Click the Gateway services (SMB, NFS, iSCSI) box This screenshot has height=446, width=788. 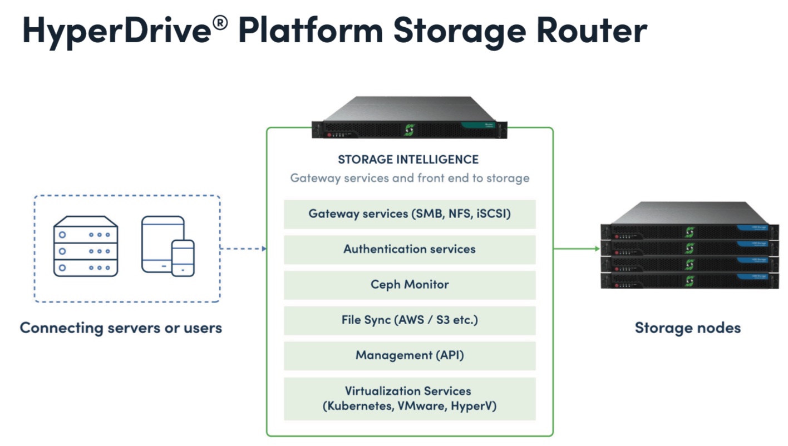click(x=410, y=214)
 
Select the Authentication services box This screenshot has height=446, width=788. click(x=410, y=249)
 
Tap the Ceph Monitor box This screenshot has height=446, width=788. click(x=410, y=285)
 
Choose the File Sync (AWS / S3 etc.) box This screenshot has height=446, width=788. click(x=410, y=320)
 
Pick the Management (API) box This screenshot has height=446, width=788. click(x=410, y=355)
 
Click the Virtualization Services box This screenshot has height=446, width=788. click(x=410, y=399)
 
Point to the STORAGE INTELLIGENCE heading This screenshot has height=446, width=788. click(x=408, y=160)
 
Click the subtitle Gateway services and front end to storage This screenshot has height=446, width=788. click(x=410, y=179)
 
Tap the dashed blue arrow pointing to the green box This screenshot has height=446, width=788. click(x=243, y=249)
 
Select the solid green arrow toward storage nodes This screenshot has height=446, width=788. click(x=577, y=249)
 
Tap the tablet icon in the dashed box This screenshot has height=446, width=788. click(x=159, y=244)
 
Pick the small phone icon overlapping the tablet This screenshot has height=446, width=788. click(x=183, y=258)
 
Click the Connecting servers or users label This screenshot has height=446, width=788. click(x=121, y=328)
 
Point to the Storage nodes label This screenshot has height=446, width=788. click(x=687, y=328)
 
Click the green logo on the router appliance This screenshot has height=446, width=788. click(x=409, y=130)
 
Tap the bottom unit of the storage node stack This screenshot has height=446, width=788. click(x=689, y=281)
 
